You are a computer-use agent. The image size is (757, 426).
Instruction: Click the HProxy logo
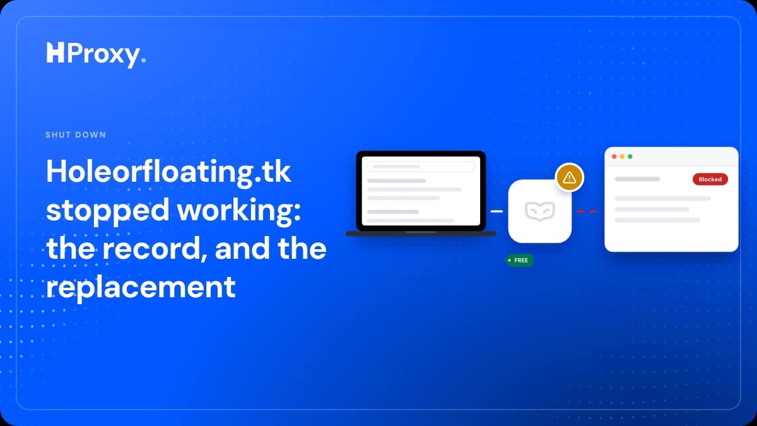click(x=96, y=54)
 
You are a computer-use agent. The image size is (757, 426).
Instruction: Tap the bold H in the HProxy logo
click(x=55, y=52)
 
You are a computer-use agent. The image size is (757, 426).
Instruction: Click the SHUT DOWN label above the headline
click(x=76, y=135)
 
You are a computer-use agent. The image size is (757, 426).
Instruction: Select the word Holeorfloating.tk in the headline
click(x=168, y=172)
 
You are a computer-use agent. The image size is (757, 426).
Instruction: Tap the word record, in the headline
click(x=155, y=249)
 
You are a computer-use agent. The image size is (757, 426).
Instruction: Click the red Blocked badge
click(x=710, y=179)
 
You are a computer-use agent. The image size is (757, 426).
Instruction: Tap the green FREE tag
click(x=519, y=260)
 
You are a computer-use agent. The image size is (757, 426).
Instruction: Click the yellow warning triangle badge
click(x=570, y=177)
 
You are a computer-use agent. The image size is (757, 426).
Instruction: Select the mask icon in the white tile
click(x=540, y=211)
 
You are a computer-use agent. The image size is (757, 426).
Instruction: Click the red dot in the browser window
click(x=614, y=157)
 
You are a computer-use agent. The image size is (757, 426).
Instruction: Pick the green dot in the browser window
click(x=630, y=157)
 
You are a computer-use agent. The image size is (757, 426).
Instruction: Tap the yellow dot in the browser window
click(x=622, y=157)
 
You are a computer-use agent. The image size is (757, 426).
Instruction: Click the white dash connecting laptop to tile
click(x=496, y=211)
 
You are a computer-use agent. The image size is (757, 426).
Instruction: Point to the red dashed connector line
click(x=587, y=211)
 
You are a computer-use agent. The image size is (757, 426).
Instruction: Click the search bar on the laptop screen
click(x=421, y=167)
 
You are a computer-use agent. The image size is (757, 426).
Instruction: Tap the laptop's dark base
click(x=421, y=234)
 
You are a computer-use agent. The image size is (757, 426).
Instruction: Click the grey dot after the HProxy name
click(x=144, y=60)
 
